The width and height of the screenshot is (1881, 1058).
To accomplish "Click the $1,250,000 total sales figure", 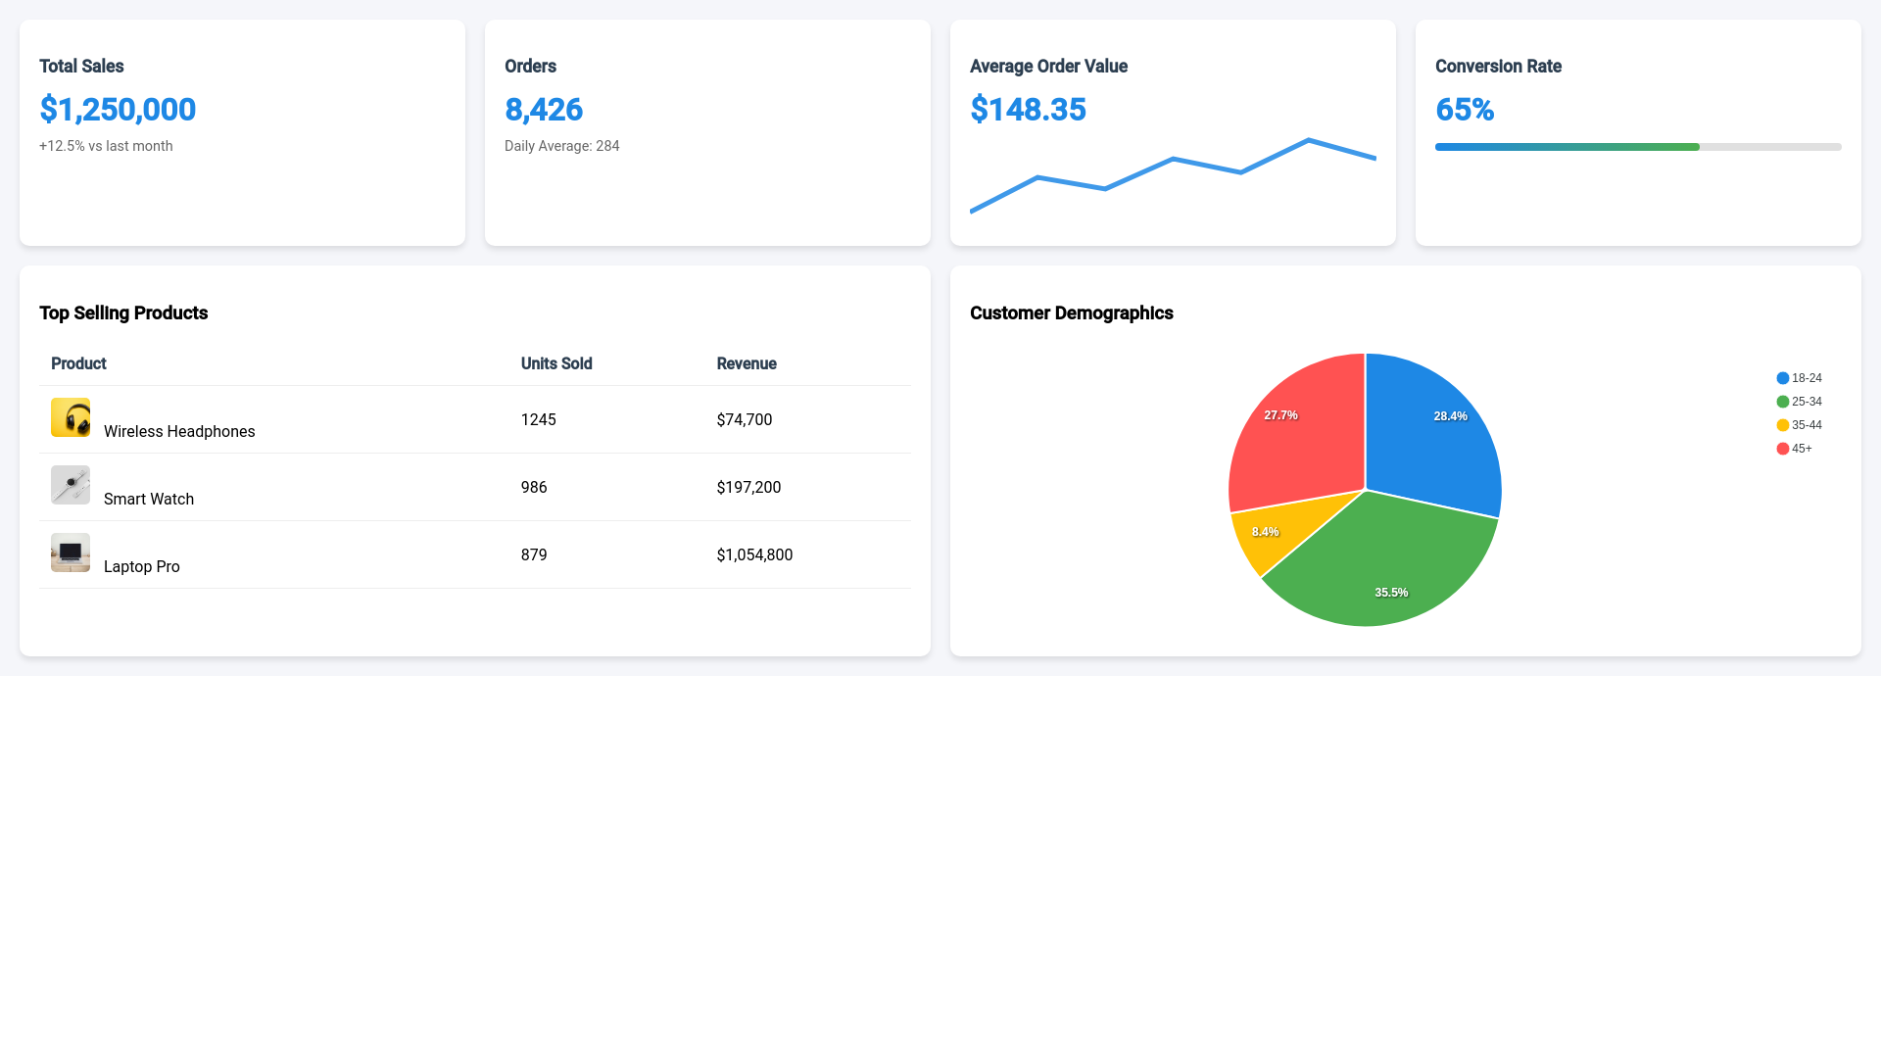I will click(x=118, y=110).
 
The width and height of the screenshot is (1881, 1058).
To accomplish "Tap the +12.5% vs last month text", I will click(x=106, y=146).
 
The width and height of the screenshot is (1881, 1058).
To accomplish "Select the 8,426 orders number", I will click(x=544, y=110).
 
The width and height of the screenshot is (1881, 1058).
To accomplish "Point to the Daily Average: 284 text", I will click(x=561, y=146).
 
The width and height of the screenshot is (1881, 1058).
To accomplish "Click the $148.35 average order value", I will click(x=1028, y=110).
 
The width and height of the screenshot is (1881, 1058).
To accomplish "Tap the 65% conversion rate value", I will click(x=1465, y=110).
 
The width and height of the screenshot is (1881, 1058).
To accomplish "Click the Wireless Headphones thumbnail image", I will click(x=71, y=417).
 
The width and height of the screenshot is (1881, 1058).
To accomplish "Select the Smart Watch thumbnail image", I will click(x=71, y=485).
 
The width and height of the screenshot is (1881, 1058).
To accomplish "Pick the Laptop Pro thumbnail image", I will click(x=71, y=553).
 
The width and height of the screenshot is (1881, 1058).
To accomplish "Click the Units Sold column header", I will click(x=556, y=363).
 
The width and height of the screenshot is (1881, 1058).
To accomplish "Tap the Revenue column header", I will click(x=747, y=363).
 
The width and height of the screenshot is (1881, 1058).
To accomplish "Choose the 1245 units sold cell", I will click(x=538, y=419).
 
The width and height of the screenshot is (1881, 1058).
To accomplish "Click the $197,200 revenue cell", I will click(x=748, y=487).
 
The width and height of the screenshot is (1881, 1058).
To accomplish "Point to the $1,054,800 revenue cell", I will click(x=754, y=554).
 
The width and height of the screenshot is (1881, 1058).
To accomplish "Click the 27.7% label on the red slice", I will click(x=1280, y=415).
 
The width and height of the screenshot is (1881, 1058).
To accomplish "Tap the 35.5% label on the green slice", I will click(x=1391, y=593).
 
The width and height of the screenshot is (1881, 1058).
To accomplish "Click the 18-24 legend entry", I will click(x=1800, y=378).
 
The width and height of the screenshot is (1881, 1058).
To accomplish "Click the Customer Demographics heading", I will click(x=1071, y=313).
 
